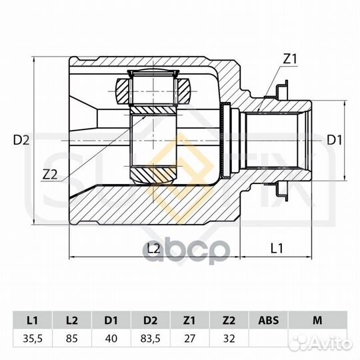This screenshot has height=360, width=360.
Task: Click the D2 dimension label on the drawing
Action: (x=21, y=140)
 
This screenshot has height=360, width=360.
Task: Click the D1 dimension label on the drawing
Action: (x=334, y=140)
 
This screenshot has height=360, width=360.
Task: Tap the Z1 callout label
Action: (x=290, y=59)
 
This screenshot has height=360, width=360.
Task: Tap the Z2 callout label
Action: (x=50, y=175)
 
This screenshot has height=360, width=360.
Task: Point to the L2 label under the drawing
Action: (x=153, y=248)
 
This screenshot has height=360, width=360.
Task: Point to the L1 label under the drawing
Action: (x=277, y=248)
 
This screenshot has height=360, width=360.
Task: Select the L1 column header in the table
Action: (x=33, y=320)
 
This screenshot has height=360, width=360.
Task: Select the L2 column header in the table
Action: (x=72, y=320)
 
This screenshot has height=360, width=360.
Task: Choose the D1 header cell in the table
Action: (x=111, y=320)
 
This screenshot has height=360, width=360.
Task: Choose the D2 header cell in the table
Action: (x=151, y=320)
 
